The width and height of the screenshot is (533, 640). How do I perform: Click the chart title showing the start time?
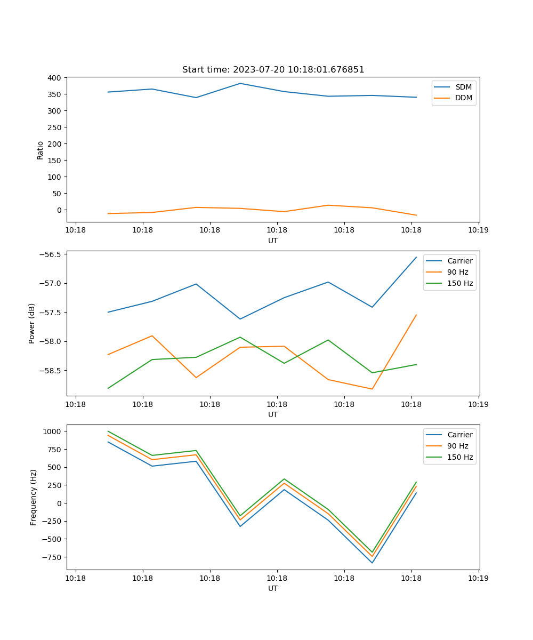coord(273,70)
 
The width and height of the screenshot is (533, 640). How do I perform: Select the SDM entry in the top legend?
coord(463,87)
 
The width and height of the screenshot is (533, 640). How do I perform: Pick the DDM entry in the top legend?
coord(463,98)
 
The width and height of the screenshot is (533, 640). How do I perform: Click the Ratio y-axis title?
coord(41,150)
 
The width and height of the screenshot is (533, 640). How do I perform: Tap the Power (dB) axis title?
coord(32,323)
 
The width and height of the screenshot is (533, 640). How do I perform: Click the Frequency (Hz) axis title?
coord(34,497)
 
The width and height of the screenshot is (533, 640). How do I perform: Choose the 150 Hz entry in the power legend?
coord(460,283)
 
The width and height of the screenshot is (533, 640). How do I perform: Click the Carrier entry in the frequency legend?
coord(459,435)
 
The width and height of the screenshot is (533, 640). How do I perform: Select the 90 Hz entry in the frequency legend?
coord(460,446)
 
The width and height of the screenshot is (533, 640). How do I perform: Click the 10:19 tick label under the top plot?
coord(478,230)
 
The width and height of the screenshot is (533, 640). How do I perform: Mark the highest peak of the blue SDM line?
coord(240,83)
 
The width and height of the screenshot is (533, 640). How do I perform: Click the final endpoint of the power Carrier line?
coord(416,257)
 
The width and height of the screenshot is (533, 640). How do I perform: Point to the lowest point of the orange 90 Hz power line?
coord(372,389)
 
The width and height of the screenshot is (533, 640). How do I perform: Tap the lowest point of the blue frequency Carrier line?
coord(372,563)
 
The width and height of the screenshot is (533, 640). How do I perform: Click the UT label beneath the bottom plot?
coord(273,588)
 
